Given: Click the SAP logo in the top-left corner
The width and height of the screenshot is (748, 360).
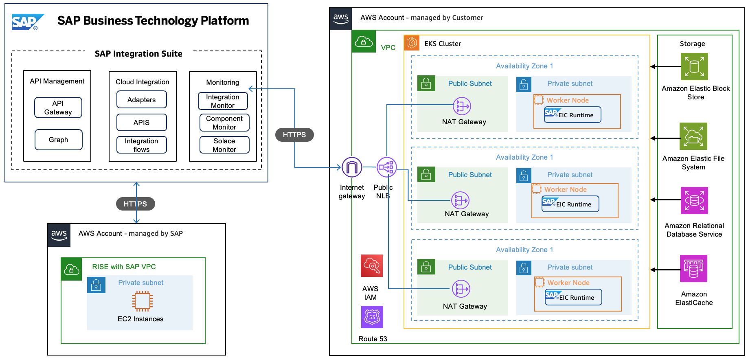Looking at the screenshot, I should click(27, 22).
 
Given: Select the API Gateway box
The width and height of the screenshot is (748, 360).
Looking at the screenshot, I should click(58, 108).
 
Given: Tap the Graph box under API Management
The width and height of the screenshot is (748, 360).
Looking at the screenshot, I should click(59, 140).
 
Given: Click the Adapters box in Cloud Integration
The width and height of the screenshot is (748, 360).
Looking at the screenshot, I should click(141, 100).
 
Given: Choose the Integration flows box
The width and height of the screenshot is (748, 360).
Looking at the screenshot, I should click(141, 145).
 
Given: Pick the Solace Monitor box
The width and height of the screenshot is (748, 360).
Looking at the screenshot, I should click(224, 145).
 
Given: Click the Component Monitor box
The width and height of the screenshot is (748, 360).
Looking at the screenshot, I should click(224, 123).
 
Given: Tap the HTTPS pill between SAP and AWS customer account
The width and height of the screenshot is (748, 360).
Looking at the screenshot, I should click(294, 135).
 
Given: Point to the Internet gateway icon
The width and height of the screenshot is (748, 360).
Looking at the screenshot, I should click(352, 167).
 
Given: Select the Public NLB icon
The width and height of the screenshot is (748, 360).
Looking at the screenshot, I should click(386, 167).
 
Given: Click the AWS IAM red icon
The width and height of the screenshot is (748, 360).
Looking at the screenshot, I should click(371, 266).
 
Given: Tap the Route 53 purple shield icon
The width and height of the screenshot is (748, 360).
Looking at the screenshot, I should click(372, 317).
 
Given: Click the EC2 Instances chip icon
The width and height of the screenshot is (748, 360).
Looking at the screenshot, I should click(142, 301).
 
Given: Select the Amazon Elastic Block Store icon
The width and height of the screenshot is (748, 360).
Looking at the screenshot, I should click(694, 66).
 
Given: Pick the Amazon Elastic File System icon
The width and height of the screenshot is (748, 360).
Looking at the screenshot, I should click(693, 136).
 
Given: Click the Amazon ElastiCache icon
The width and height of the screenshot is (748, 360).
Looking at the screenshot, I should click(693, 269).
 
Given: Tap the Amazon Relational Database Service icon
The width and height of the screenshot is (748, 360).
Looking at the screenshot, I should click(694, 200).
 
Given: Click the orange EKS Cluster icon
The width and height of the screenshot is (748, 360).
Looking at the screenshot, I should click(412, 43).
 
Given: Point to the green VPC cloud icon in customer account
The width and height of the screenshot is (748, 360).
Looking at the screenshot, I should click(364, 42).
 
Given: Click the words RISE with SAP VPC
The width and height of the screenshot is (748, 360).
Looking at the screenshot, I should click(124, 267).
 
